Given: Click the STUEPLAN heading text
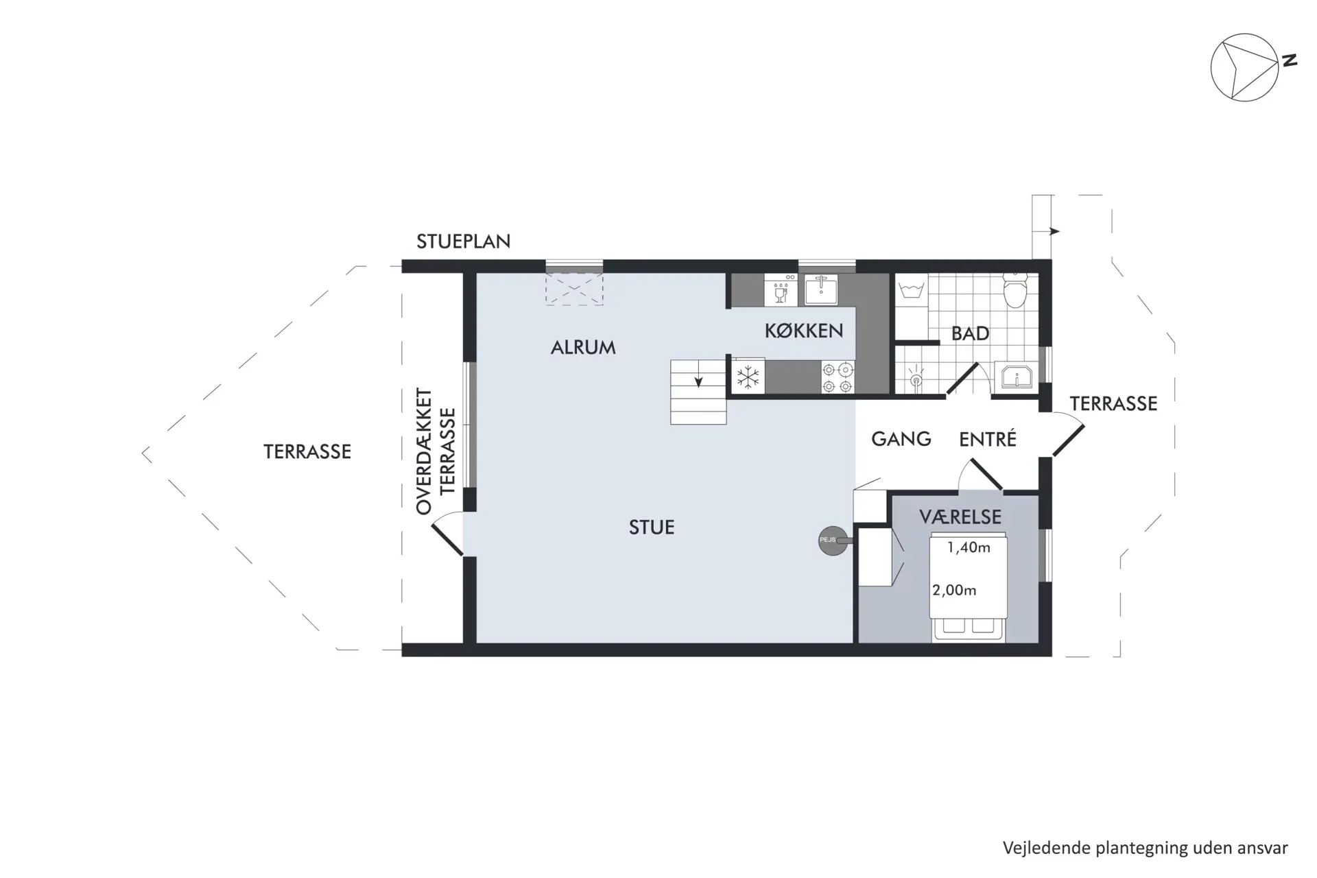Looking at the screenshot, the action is (x=464, y=241).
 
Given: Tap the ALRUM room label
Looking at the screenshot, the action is (x=583, y=347).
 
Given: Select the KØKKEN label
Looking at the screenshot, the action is (x=804, y=331).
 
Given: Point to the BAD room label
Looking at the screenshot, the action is (x=970, y=334).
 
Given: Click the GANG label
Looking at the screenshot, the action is (x=901, y=439).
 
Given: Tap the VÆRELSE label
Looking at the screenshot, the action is (x=960, y=517).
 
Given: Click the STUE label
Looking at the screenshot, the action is (x=652, y=527).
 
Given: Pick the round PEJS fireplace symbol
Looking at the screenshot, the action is (x=833, y=541).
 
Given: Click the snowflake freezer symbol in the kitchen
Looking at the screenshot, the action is (x=748, y=377).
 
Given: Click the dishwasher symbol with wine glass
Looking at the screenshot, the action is (x=781, y=290).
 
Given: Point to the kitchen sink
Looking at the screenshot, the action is (x=820, y=289).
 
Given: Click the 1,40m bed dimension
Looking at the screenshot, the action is (x=969, y=547).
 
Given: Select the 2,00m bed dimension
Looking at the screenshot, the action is (x=954, y=590).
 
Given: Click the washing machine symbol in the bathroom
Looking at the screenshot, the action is (x=912, y=290).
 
